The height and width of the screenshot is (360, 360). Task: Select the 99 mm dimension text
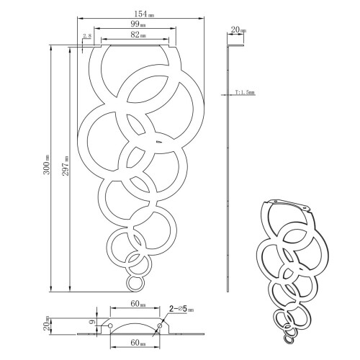pyautogui.click(x=136, y=24)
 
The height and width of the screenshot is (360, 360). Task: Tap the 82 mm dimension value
pyautogui.click(x=136, y=34)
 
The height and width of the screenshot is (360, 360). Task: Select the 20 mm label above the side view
pyautogui.click(x=237, y=31)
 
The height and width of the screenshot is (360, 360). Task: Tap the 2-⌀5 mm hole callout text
pyautogui.click(x=180, y=307)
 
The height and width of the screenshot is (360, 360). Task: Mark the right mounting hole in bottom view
pyautogui.click(x=160, y=326)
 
